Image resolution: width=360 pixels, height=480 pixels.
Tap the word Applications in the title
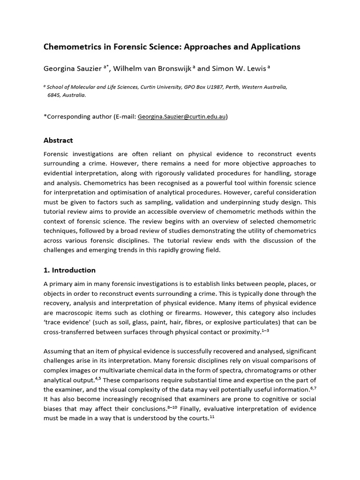pos(274,47)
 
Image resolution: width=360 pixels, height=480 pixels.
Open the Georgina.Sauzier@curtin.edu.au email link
pos(182,117)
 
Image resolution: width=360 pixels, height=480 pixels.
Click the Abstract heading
pos(58,140)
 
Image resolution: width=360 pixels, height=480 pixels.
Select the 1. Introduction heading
pos(69,270)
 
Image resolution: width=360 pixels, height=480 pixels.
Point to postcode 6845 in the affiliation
pos(54,95)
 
